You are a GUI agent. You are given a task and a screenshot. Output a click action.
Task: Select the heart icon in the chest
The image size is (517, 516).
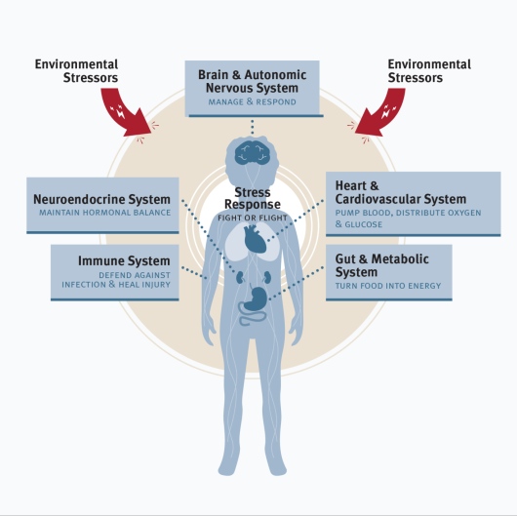(255, 238)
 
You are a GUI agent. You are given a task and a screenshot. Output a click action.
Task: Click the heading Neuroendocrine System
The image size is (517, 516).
(101, 200)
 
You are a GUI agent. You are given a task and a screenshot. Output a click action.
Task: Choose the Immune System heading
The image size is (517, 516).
(124, 260)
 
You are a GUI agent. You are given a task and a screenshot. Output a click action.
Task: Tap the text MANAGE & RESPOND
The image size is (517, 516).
(253, 101)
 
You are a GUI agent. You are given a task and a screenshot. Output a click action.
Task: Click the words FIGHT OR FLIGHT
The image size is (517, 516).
(253, 218)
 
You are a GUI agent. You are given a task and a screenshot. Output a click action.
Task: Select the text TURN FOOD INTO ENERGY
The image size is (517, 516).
(388, 286)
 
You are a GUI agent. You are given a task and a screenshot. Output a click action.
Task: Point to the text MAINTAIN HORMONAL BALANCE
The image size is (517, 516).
(104, 213)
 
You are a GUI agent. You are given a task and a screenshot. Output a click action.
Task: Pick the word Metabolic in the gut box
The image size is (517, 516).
(400, 259)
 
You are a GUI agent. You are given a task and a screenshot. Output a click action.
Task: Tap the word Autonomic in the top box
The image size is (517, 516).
(275, 75)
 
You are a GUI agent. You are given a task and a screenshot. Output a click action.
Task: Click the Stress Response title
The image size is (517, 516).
(253, 198)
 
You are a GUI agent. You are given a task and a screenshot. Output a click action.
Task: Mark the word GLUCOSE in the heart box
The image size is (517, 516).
(363, 224)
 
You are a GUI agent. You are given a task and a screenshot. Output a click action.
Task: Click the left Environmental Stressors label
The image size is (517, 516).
(76, 71)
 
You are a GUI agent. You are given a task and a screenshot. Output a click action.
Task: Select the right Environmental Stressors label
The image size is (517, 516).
(429, 71)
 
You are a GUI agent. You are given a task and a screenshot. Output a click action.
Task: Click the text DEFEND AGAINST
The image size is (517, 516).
(135, 275)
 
